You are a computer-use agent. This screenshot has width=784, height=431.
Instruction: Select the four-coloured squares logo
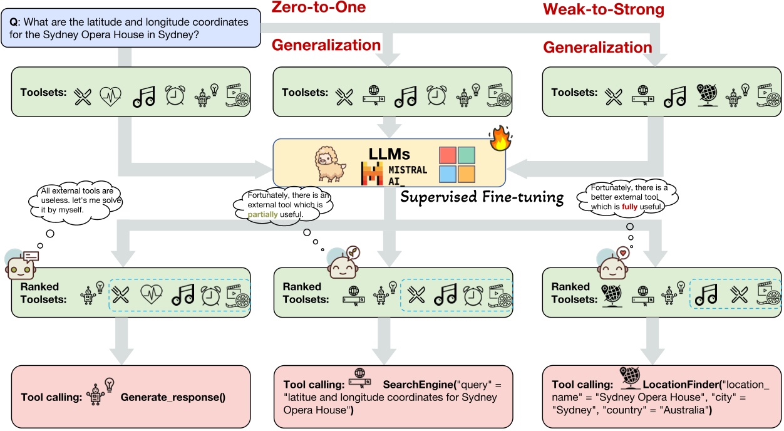pyautogui.click(x=457, y=165)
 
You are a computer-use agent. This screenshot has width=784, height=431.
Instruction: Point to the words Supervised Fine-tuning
pyautogui.click(x=482, y=198)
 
